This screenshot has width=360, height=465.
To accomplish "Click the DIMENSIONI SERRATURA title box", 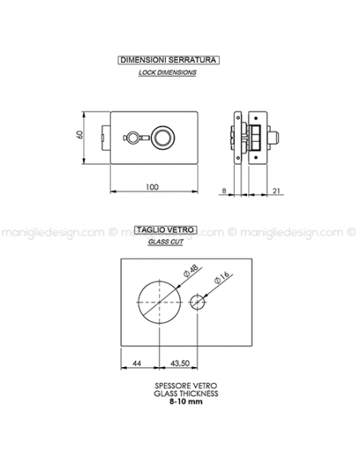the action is click(x=168, y=60).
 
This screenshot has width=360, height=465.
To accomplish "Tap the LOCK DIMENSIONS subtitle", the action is click(x=167, y=72).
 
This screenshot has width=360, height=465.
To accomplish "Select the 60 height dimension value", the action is click(x=80, y=135).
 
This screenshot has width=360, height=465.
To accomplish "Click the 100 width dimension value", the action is click(x=152, y=187).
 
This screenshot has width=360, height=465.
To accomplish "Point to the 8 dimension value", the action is click(x=224, y=190).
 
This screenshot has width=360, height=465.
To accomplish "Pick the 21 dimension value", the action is click(x=276, y=190).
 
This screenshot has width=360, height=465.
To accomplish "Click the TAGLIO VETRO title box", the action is click(x=166, y=230).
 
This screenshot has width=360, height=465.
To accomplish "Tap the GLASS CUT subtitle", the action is click(x=166, y=242).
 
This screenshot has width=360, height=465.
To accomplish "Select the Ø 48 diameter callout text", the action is click(x=190, y=271).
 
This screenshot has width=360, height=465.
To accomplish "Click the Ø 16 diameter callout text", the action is click(x=221, y=278).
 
